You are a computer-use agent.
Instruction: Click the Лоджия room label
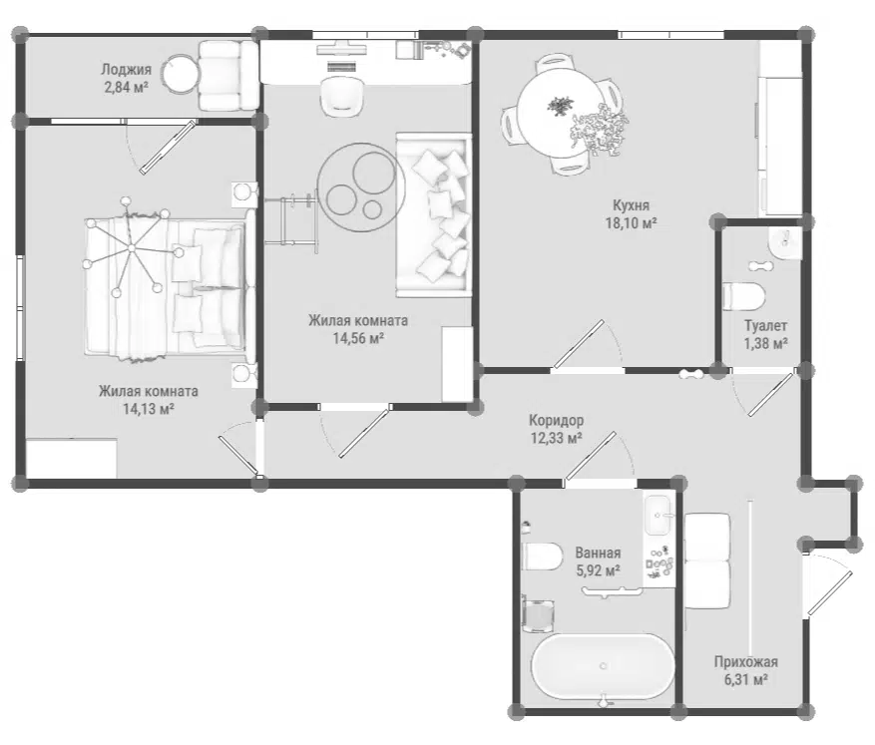point(126,70)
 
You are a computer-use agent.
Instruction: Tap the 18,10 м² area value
point(631,223)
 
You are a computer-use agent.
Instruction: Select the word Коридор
point(557,420)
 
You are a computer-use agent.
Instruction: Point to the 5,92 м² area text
point(598,570)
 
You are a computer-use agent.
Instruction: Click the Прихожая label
point(746,662)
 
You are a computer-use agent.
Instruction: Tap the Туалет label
point(765,325)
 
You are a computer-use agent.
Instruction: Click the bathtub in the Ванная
point(603,666)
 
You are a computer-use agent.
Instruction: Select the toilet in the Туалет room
point(744,296)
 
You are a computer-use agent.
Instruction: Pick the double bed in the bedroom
point(166,287)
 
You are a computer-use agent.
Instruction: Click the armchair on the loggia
point(228,75)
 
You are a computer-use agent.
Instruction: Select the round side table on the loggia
point(181,75)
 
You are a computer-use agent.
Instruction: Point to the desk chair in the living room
point(341,96)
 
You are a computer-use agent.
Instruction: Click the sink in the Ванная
point(659,515)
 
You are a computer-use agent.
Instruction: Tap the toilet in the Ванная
point(543,557)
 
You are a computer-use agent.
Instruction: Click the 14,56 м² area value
point(358,338)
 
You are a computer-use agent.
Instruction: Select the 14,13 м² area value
point(149,409)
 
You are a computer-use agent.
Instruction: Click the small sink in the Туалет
point(784,243)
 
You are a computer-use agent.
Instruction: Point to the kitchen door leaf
point(577,343)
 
